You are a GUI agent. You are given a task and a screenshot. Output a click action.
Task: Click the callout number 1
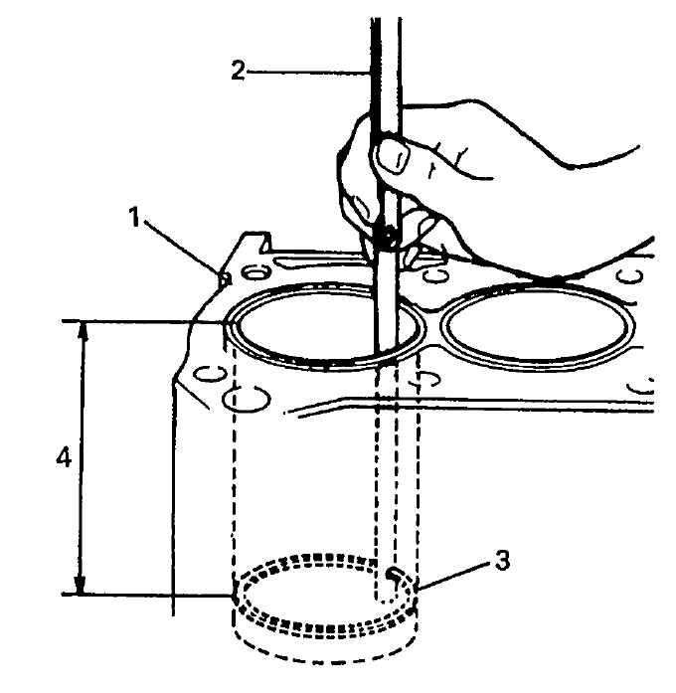135,218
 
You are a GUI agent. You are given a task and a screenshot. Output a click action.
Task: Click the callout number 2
238,71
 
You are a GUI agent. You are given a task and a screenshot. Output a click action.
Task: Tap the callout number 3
501,561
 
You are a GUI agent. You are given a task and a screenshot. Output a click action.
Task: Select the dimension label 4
64,457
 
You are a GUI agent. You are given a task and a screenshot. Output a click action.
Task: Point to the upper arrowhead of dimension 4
84,330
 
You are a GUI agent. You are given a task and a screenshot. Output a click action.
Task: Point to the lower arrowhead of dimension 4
80,585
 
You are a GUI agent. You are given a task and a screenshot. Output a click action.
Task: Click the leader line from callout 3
454,576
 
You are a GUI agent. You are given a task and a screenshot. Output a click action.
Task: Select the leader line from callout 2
308,72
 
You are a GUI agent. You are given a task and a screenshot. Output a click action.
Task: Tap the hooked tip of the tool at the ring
395,576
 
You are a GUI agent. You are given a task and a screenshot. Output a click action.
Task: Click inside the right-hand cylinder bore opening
538,326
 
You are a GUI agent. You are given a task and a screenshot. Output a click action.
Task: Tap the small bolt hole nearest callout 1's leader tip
255,272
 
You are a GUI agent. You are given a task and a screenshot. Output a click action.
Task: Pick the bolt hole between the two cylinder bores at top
435,275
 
